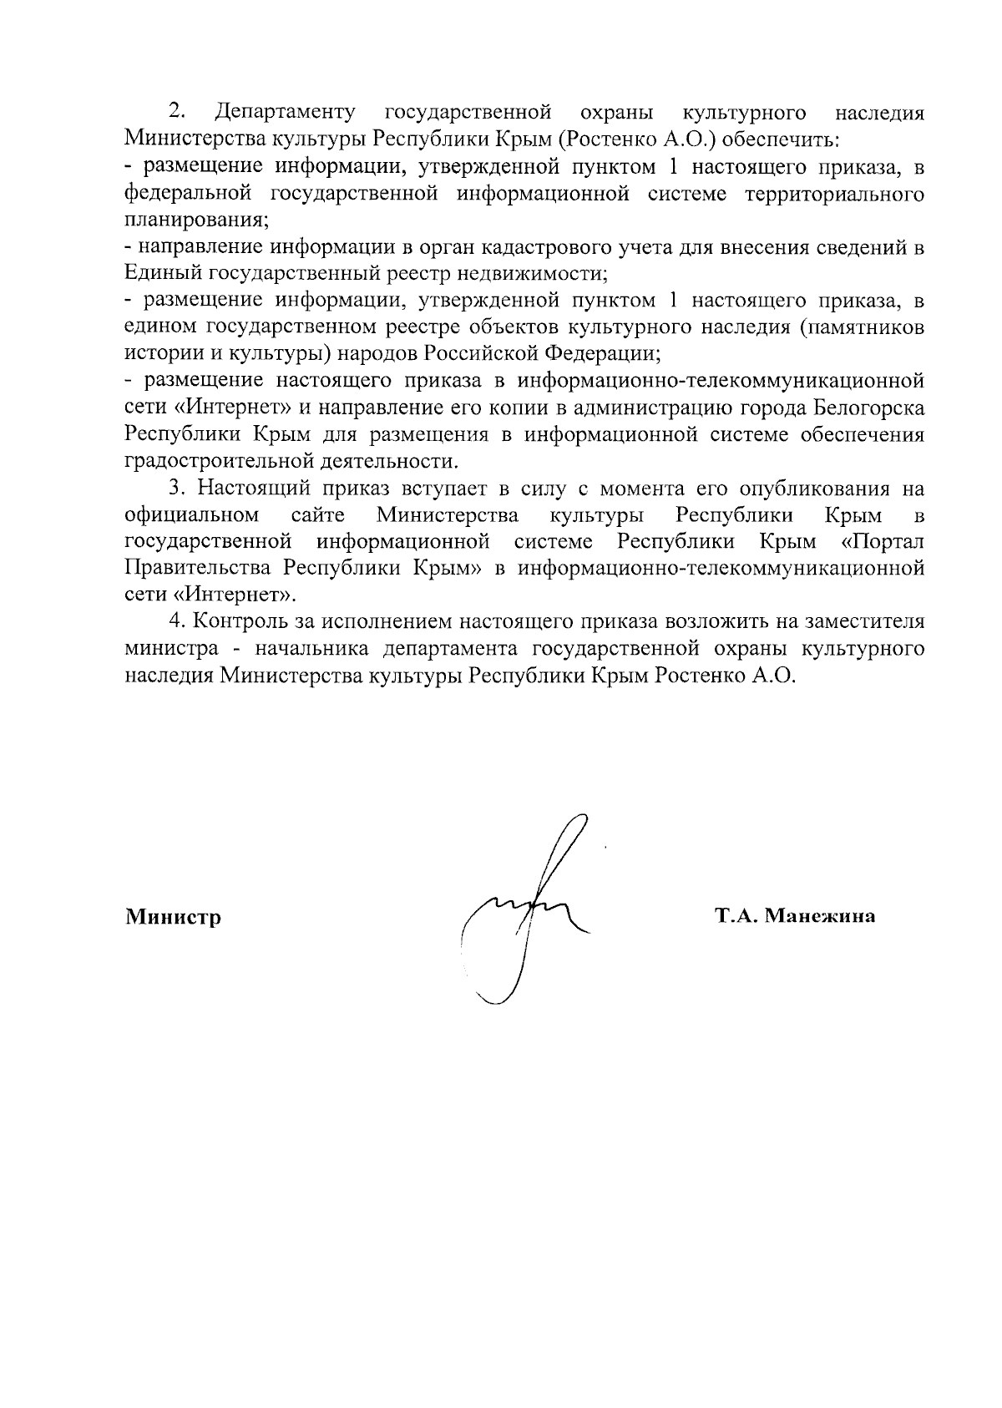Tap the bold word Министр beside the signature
(173, 918)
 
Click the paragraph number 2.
(176, 111)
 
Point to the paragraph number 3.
(176, 488)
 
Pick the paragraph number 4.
(176, 621)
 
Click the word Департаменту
(285, 113)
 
